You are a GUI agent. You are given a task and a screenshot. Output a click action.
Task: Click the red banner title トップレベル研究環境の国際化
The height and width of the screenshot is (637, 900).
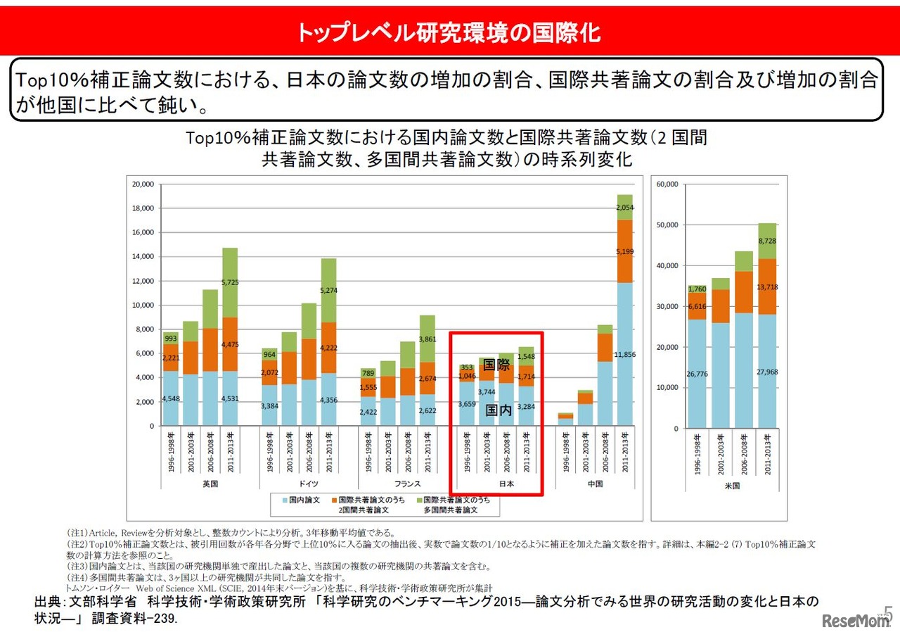click(449, 32)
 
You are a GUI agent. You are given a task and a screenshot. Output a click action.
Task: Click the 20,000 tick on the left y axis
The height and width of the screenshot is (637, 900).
click(143, 184)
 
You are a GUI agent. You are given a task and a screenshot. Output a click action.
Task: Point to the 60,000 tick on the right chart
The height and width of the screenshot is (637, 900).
click(667, 184)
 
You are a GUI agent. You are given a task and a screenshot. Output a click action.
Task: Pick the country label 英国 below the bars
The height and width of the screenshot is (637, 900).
click(210, 484)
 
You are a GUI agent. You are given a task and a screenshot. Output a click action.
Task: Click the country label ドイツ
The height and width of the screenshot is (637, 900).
click(308, 484)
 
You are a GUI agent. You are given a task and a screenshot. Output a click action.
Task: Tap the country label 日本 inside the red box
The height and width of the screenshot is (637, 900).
click(506, 484)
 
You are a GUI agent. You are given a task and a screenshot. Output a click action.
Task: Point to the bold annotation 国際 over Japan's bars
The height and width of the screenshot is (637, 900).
click(497, 365)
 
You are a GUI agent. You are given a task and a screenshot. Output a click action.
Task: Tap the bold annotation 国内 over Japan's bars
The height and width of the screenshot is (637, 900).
click(499, 410)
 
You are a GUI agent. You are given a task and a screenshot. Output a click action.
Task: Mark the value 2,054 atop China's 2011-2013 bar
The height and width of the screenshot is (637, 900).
click(624, 208)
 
